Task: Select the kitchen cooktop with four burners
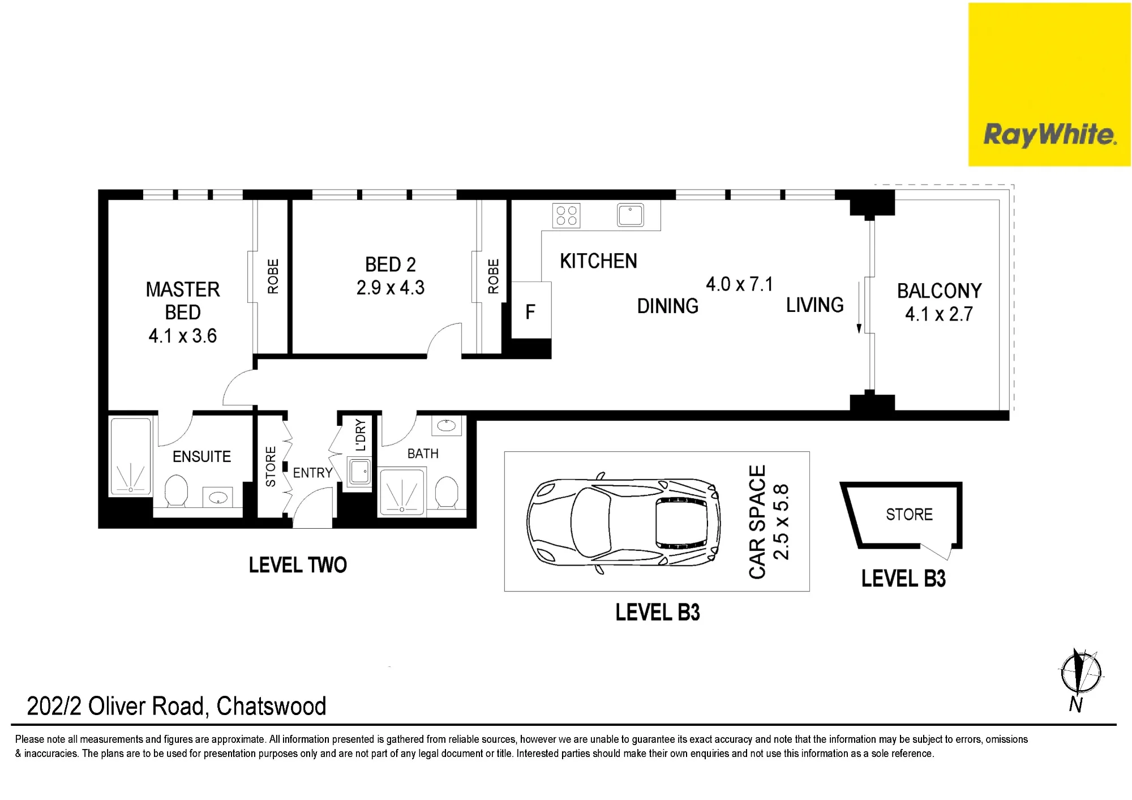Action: [x=567, y=215]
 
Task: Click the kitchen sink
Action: [x=631, y=215]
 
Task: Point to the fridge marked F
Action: [x=531, y=311]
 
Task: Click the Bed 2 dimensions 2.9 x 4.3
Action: [x=391, y=288]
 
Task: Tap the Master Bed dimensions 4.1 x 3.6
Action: [x=183, y=336]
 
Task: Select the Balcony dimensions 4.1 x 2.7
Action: [x=939, y=314]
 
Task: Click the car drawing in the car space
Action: [x=624, y=522]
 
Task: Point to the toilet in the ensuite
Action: [x=176, y=490]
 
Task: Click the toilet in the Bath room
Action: [x=447, y=493]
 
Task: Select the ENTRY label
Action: [x=312, y=473]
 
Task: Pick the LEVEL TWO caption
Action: [x=298, y=565]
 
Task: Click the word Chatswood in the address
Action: [x=271, y=706]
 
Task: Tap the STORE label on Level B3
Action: [x=909, y=515]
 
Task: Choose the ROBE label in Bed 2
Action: [x=493, y=276]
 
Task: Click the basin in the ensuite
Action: [x=218, y=498]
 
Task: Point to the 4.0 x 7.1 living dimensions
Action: [x=739, y=284]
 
